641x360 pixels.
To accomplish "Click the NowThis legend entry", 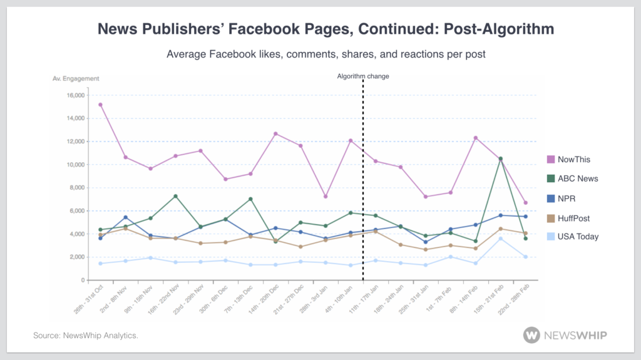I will pyautogui.click(x=569, y=160).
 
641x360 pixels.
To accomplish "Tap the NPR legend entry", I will pyautogui.click(x=563, y=198).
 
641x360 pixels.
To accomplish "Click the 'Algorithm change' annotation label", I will pyautogui.click(x=363, y=76).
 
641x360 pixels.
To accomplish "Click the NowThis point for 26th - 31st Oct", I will pyautogui.click(x=100, y=105).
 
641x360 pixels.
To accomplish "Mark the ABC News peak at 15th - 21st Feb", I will pyautogui.click(x=500, y=158).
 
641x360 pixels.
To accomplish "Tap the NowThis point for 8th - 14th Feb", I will pyautogui.click(x=476, y=138).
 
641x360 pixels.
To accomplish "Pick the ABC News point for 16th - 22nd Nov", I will pyautogui.click(x=175, y=196).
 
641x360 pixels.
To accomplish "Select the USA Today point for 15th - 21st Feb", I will pyautogui.click(x=500, y=239).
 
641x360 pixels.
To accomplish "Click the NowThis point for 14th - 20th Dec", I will pyautogui.click(x=275, y=133).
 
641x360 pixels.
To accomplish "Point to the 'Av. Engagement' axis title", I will pyautogui.click(x=76, y=78).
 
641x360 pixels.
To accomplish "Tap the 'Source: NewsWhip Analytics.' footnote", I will pyautogui.click(x=85, y=336).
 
